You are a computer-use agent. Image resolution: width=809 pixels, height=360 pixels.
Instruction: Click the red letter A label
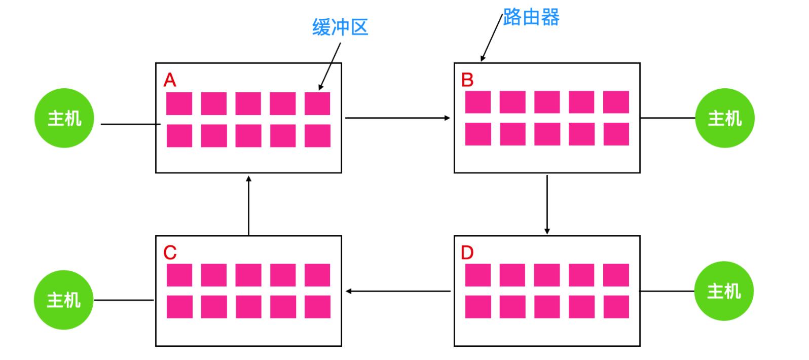(x=170, y=80)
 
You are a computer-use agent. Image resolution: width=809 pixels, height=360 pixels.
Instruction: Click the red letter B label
(x=467, y=80)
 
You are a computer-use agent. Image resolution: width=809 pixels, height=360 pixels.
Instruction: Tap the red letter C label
(x=170, y=253)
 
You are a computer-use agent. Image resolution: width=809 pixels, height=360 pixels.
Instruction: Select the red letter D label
(x=467, y=253)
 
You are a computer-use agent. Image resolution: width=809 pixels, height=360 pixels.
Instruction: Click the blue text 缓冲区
(x=340, y=27)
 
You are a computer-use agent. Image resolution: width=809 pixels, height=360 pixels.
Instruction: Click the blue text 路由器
(x=531, y=18)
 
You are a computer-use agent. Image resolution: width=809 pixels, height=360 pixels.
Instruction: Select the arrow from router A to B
(x=397, y=118)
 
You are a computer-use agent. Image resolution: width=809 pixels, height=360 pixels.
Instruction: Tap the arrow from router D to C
(x=398, y=291)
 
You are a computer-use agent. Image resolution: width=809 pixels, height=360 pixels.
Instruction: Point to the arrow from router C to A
(x=248, y=205)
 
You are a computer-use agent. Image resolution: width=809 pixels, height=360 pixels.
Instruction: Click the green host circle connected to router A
(x=64, y=118)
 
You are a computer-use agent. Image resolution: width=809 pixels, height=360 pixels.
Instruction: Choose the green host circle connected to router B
(x=725, y=118)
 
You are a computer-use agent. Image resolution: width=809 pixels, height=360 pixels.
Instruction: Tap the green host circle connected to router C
(x=64, y=300)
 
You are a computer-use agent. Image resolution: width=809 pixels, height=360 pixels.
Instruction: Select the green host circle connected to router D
(x=724, y=291)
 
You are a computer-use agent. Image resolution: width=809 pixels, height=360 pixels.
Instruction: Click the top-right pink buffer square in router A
(x=317, y=103)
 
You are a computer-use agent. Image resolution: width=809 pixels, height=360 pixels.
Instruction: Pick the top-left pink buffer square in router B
(x=478, y=102)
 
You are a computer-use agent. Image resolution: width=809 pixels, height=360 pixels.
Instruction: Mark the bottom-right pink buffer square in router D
(x=616, y=307)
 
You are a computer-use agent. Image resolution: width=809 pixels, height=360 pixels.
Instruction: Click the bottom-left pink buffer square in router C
(x=179, y=307)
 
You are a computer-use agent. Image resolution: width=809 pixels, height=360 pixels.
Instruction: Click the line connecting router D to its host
(x=667, y=291)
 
